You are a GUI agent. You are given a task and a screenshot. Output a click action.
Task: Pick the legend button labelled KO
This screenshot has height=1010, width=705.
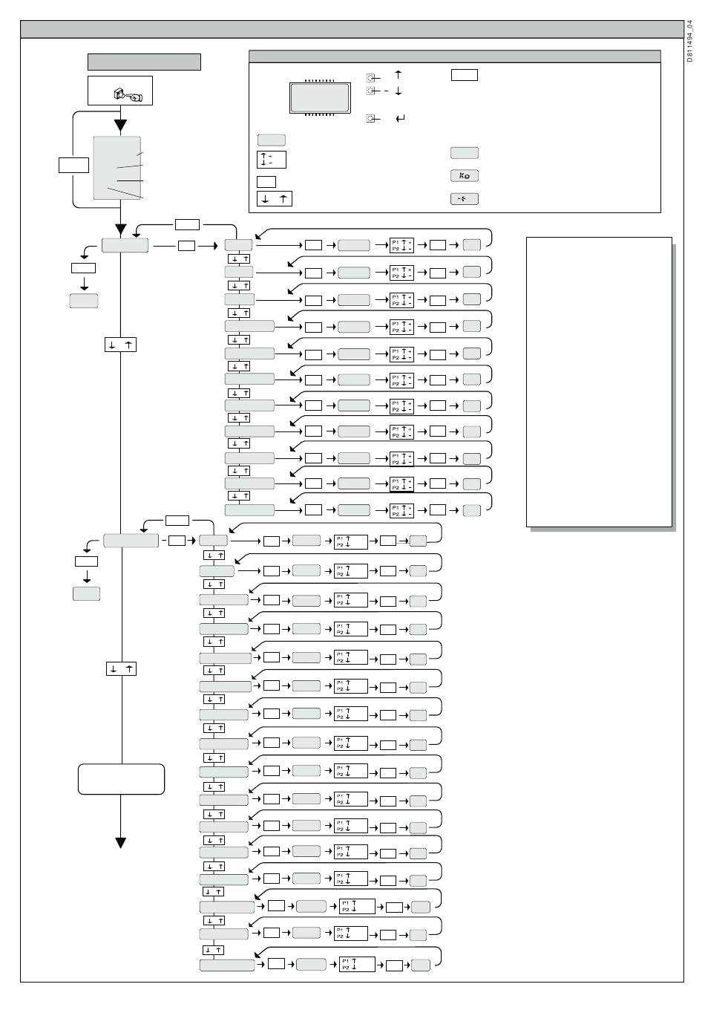point(464,176)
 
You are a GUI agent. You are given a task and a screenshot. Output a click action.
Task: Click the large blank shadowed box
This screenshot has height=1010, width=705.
point(599,382)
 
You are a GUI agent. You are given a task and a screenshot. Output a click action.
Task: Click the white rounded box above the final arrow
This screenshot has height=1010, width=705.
point(121,779)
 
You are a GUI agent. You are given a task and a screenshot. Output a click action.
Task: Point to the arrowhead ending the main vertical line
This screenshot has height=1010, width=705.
point(120,842)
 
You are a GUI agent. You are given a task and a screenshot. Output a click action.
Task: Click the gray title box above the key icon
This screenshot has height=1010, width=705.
point(144,62)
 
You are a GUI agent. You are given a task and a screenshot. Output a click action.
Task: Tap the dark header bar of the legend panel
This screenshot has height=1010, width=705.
point(454,56)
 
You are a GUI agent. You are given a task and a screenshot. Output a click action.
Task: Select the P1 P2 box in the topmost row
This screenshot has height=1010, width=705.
point(401,245)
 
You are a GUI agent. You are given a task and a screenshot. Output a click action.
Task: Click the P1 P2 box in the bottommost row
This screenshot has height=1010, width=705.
point(357,965)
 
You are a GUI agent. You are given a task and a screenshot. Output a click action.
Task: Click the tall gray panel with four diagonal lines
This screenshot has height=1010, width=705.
point(117,168)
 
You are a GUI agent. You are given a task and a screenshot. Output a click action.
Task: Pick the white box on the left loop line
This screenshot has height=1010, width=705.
point(73,165)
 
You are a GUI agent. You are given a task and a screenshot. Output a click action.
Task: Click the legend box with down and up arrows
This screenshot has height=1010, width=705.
point(275,199)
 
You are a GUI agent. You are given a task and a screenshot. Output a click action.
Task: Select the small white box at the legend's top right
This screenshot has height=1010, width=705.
point(464,75)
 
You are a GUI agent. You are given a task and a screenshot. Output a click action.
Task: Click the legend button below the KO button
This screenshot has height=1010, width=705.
point(464,199)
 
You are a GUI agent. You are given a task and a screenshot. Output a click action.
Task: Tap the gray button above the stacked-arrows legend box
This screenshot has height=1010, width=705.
point(271,140)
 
